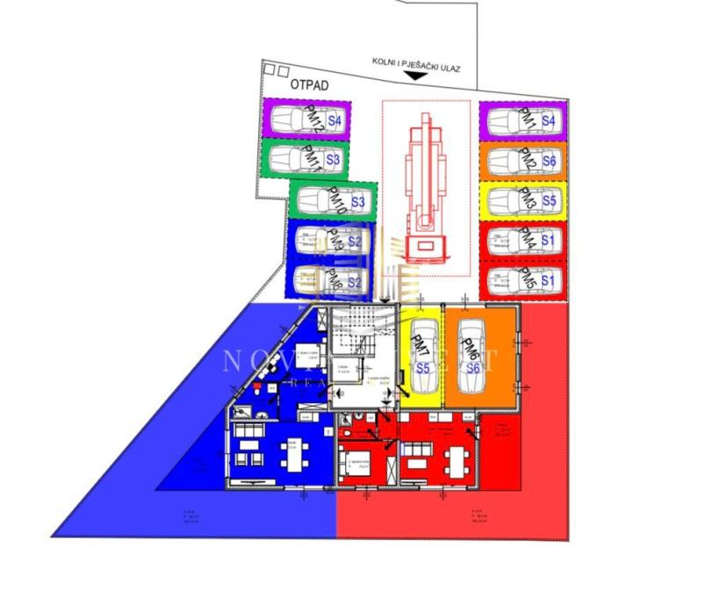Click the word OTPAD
(309, 85)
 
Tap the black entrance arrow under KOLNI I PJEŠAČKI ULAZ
(414, 77)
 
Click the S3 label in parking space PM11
(333, 161)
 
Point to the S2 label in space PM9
(355, 241)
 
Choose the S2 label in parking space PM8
(355, 282)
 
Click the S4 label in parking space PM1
(549, 120)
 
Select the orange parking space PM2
(522, 162)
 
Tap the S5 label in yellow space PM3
(549, 201)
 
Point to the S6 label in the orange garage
(473, 369)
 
